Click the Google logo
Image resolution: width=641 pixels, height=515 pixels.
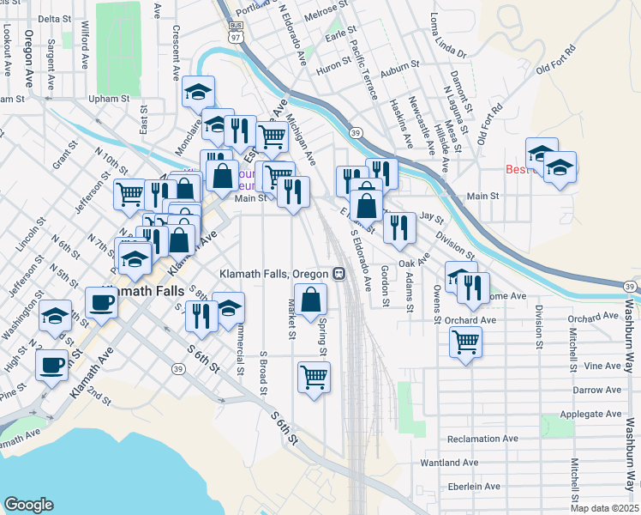29,504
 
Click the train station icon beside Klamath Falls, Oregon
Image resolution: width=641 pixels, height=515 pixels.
338,274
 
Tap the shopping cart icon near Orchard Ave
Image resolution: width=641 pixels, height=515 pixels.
466,342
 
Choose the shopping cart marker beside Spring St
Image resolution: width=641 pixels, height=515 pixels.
315,376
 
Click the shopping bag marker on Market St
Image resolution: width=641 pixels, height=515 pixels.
311,300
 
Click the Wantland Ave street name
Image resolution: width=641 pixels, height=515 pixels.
450,463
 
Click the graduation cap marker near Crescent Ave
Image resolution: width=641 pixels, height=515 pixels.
199,92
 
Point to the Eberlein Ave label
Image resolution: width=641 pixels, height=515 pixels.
470,487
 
